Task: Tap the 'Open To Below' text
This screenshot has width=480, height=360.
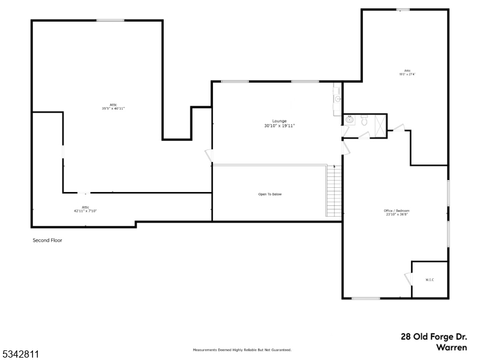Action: [x=270, y=194]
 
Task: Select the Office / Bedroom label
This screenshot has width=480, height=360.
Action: [x=396, y=212]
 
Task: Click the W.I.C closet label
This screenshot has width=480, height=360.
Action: [x=430, y=280]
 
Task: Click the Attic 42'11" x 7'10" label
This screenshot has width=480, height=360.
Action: [x=85, y=209]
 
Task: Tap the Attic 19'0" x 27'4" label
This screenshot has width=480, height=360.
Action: [x=407, y=73]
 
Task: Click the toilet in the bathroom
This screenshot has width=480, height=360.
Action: [x=364, y=121]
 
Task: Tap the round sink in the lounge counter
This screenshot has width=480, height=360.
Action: [x=338, y=99]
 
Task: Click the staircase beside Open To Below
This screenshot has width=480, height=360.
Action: [x=334, y=191]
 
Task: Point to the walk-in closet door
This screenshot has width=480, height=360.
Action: [x=408, y=280]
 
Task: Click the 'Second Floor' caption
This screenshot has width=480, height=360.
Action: [x=47, y=240]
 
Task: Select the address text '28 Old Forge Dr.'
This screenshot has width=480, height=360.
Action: [x=433, y=337]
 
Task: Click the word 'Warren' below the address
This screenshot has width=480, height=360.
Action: [x=451, y=347]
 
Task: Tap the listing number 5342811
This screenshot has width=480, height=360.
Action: [x=20, y=355]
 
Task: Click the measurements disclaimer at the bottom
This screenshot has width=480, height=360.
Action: [x=242, y=350]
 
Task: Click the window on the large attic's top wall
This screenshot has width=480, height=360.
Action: [x=110, y=20]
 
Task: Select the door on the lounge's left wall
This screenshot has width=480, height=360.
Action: [x=209, y=155]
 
